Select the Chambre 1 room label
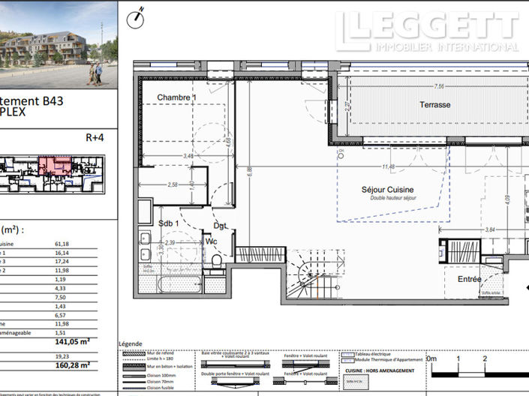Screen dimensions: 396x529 tap(176, 98)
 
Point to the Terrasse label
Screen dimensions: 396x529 tap(434, 105)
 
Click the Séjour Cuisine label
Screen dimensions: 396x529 tap(387, 190)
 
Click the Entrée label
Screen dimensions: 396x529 tap(470, 279)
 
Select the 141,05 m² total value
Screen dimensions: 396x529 tap(73, 340)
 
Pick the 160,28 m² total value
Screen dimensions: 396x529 tap(73, 365)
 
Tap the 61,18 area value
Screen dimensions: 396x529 tap(62, 244)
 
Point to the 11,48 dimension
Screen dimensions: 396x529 tap(387, 166)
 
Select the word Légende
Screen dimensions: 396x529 tap(132, 345)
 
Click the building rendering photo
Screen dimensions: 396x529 tap(59, 43)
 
